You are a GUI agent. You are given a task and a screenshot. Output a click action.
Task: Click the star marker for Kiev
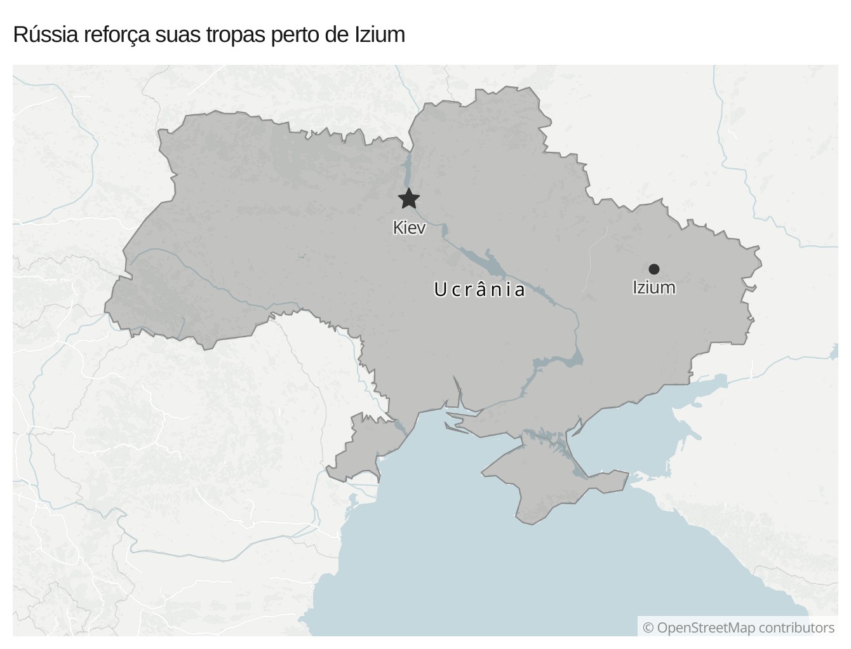[x=409, y=199]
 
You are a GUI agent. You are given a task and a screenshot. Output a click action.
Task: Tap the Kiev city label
[x=409, y=227]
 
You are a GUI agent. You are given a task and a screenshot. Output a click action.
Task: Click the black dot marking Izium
[x=653, y=269]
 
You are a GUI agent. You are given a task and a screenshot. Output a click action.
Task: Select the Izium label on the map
[x=653, y=288]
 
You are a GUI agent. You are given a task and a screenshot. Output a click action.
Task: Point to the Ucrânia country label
[x=479, y=290]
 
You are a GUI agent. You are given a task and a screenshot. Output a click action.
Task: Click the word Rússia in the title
[x=46, y=34]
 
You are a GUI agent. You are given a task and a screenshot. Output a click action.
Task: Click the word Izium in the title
[x=379, y=34]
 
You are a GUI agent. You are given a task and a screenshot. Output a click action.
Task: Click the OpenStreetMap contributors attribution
[x=739, y=627]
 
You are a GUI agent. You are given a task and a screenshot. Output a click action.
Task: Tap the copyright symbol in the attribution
[x=648, y=628]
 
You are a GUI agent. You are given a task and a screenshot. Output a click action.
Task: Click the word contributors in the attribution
[x=796, y=627]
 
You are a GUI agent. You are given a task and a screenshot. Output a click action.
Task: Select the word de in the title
[x=336, y=34]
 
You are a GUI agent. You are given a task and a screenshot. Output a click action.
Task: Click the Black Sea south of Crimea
[x=508, y=572]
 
